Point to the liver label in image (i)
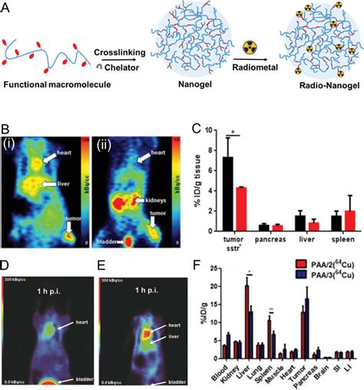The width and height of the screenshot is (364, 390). [62, 183]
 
